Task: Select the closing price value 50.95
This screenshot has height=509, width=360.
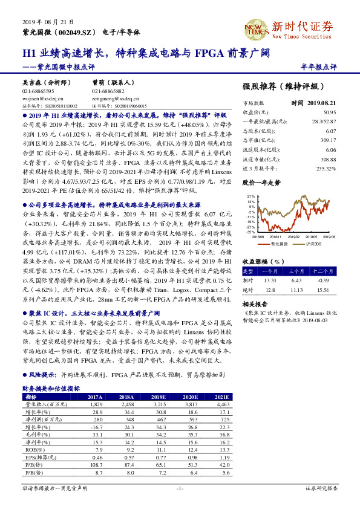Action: point(329,112)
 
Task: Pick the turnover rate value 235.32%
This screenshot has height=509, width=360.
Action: point(326,169)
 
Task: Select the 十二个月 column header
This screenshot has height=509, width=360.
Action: point(324,271)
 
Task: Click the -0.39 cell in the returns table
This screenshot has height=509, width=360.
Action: point(324,280)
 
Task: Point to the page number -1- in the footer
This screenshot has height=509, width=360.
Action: point(180,488)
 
